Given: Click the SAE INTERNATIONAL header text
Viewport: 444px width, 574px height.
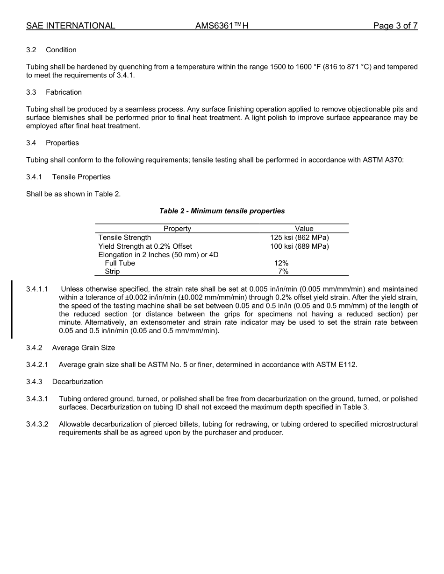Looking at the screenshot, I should point(71,26).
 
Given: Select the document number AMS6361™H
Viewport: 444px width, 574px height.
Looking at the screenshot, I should point(222,26).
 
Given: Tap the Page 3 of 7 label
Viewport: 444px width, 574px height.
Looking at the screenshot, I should point(395,26).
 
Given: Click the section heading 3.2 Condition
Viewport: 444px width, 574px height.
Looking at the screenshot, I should point(51,50).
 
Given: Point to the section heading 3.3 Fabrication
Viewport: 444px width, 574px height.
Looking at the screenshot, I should point(54,92).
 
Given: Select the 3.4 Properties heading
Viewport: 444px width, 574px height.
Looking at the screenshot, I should point(52,143).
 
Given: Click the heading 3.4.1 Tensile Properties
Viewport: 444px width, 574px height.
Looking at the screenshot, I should point(68,177).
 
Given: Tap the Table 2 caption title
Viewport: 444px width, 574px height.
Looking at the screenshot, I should point(222,211).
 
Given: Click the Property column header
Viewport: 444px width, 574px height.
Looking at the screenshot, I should point(177,229).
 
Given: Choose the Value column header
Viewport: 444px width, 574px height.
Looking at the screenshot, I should point(304,229).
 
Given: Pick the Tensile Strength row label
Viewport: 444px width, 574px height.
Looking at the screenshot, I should point(125,238).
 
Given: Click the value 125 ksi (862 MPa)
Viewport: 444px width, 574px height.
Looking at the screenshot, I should point(300,238).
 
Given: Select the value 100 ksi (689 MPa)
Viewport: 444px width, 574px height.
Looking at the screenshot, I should point(300,246).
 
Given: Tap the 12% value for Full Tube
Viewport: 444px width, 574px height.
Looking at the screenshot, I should point(281,263).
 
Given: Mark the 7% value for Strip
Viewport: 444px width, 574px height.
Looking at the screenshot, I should point(283,272).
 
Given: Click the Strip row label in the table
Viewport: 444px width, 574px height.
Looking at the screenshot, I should point(112,272).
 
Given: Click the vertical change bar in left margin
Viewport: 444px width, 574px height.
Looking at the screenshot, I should point(12,309).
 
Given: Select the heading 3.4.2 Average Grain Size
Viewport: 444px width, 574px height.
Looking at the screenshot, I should point(71,348).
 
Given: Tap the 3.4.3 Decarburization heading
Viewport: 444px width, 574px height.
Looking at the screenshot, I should point(64,382).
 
